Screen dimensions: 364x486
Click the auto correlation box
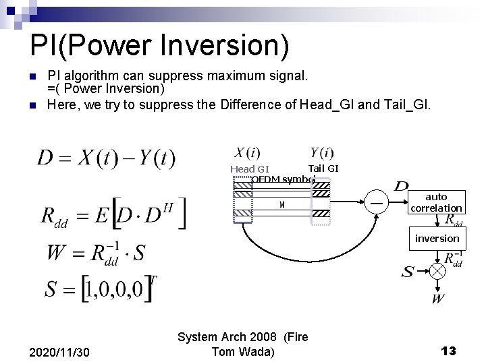tap(437, 202)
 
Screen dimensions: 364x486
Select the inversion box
tap(437, 239)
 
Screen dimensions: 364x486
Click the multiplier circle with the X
tap(439, 272)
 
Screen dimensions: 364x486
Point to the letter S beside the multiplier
tap(408, 272)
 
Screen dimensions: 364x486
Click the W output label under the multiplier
tap(438, 297)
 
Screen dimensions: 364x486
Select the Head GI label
tap(250, 169)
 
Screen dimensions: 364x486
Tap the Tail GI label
tap(323, 167)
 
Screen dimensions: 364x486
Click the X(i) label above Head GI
tap(247, 153)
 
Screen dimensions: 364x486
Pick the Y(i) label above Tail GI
tap(322, 153)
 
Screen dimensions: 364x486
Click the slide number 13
tap(448, 351)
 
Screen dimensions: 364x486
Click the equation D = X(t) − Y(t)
tap(106, 158)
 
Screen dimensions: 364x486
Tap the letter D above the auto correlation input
tap(402, 186)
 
